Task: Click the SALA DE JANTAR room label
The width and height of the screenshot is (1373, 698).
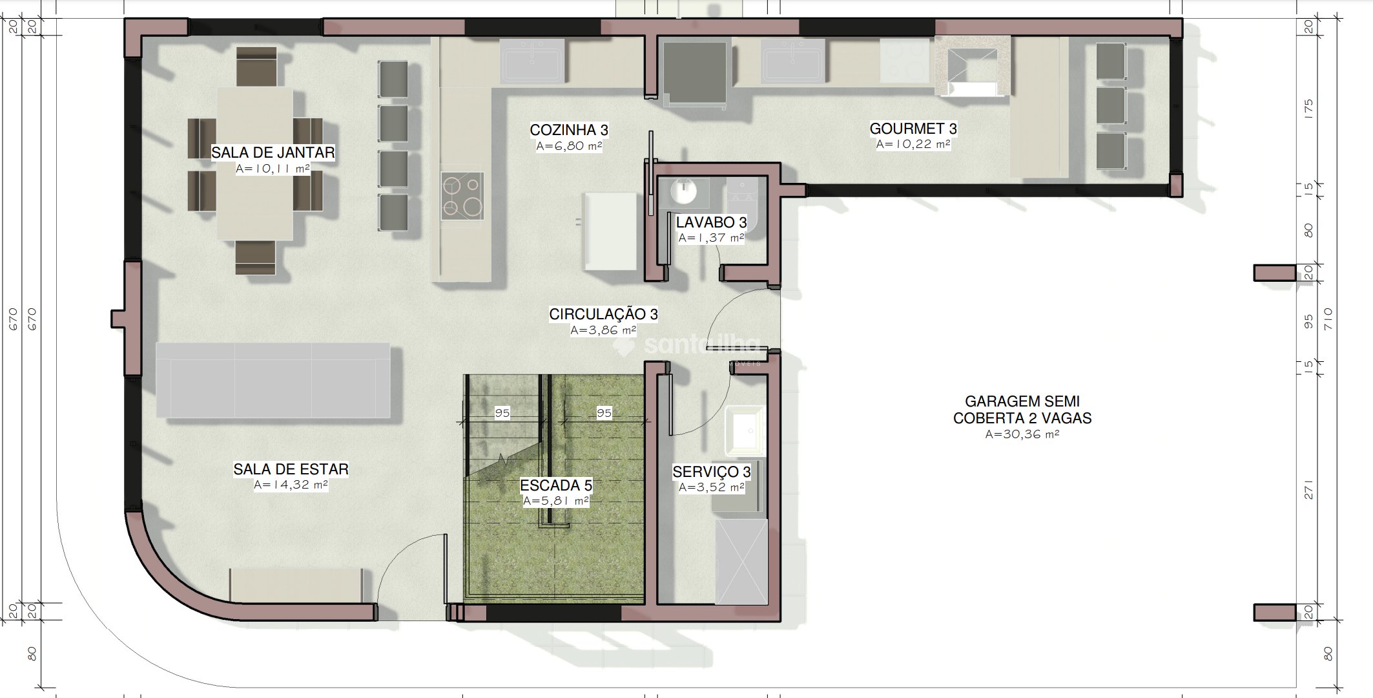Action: pos(273,153)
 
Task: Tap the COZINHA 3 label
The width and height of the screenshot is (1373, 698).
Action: pos(569,130)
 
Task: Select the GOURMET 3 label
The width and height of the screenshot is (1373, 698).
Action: pos(913,129)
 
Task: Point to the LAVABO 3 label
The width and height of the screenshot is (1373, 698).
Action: pos(711,222)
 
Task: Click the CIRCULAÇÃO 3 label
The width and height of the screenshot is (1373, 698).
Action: pos(603,314)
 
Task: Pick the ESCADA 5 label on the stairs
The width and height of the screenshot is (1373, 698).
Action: pos(556,485)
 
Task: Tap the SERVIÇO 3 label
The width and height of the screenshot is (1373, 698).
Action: pos(712,472)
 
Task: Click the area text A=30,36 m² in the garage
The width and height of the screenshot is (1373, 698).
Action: pos(1022,434)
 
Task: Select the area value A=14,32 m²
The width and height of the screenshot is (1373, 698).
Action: pos(291,485)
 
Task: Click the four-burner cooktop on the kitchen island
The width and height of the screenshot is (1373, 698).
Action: pos(462,195)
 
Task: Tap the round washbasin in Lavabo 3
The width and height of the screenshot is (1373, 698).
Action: pos(683,191)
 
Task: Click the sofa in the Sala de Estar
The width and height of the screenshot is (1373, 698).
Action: pos(273,380)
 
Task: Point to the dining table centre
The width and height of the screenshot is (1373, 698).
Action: pos(254,164)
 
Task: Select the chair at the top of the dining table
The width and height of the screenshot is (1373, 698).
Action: pos(256,67)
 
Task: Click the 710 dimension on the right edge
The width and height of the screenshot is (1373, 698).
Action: pos(1328,319)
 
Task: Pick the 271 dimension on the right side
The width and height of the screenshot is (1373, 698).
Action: pos(1308,490)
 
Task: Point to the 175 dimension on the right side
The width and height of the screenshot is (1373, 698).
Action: pos(1308,108)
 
